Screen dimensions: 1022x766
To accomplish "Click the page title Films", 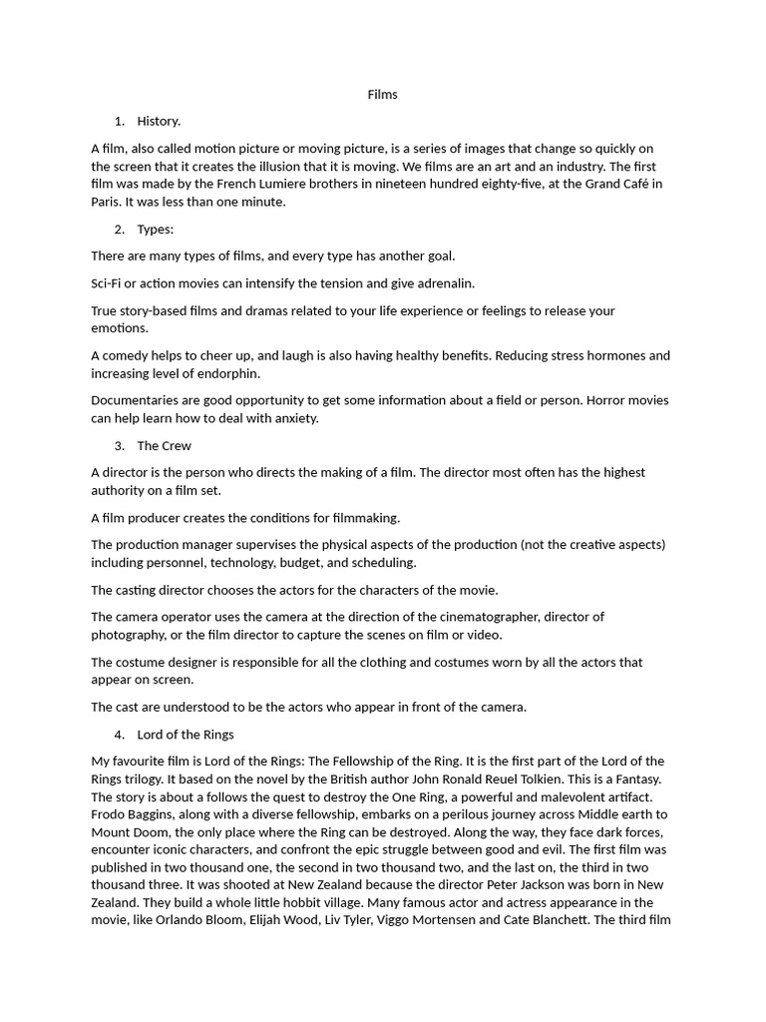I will (x=382, y=94).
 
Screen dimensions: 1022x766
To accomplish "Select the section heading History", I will (x=159, y=121).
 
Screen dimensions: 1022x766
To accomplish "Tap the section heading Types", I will (x=155, y=230).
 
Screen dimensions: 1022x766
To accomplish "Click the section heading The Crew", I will (x=164, y=445).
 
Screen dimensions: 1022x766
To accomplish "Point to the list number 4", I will (x=119, y=735).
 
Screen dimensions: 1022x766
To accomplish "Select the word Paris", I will (x=107, y=202).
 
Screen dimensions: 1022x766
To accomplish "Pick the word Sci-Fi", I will (x=107, y=283).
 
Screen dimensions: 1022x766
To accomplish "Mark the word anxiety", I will (x=293, y=418).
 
